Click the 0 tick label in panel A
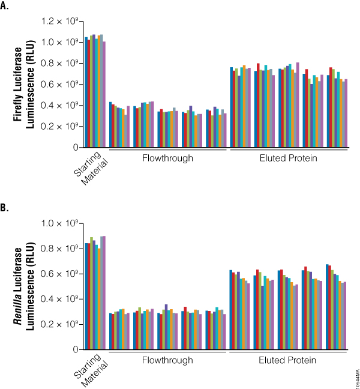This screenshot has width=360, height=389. coord(75,147)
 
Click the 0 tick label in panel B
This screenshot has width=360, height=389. coord(75,349)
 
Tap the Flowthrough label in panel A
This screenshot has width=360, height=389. coord(167,158)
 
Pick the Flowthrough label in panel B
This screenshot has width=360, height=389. coord(167,360)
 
